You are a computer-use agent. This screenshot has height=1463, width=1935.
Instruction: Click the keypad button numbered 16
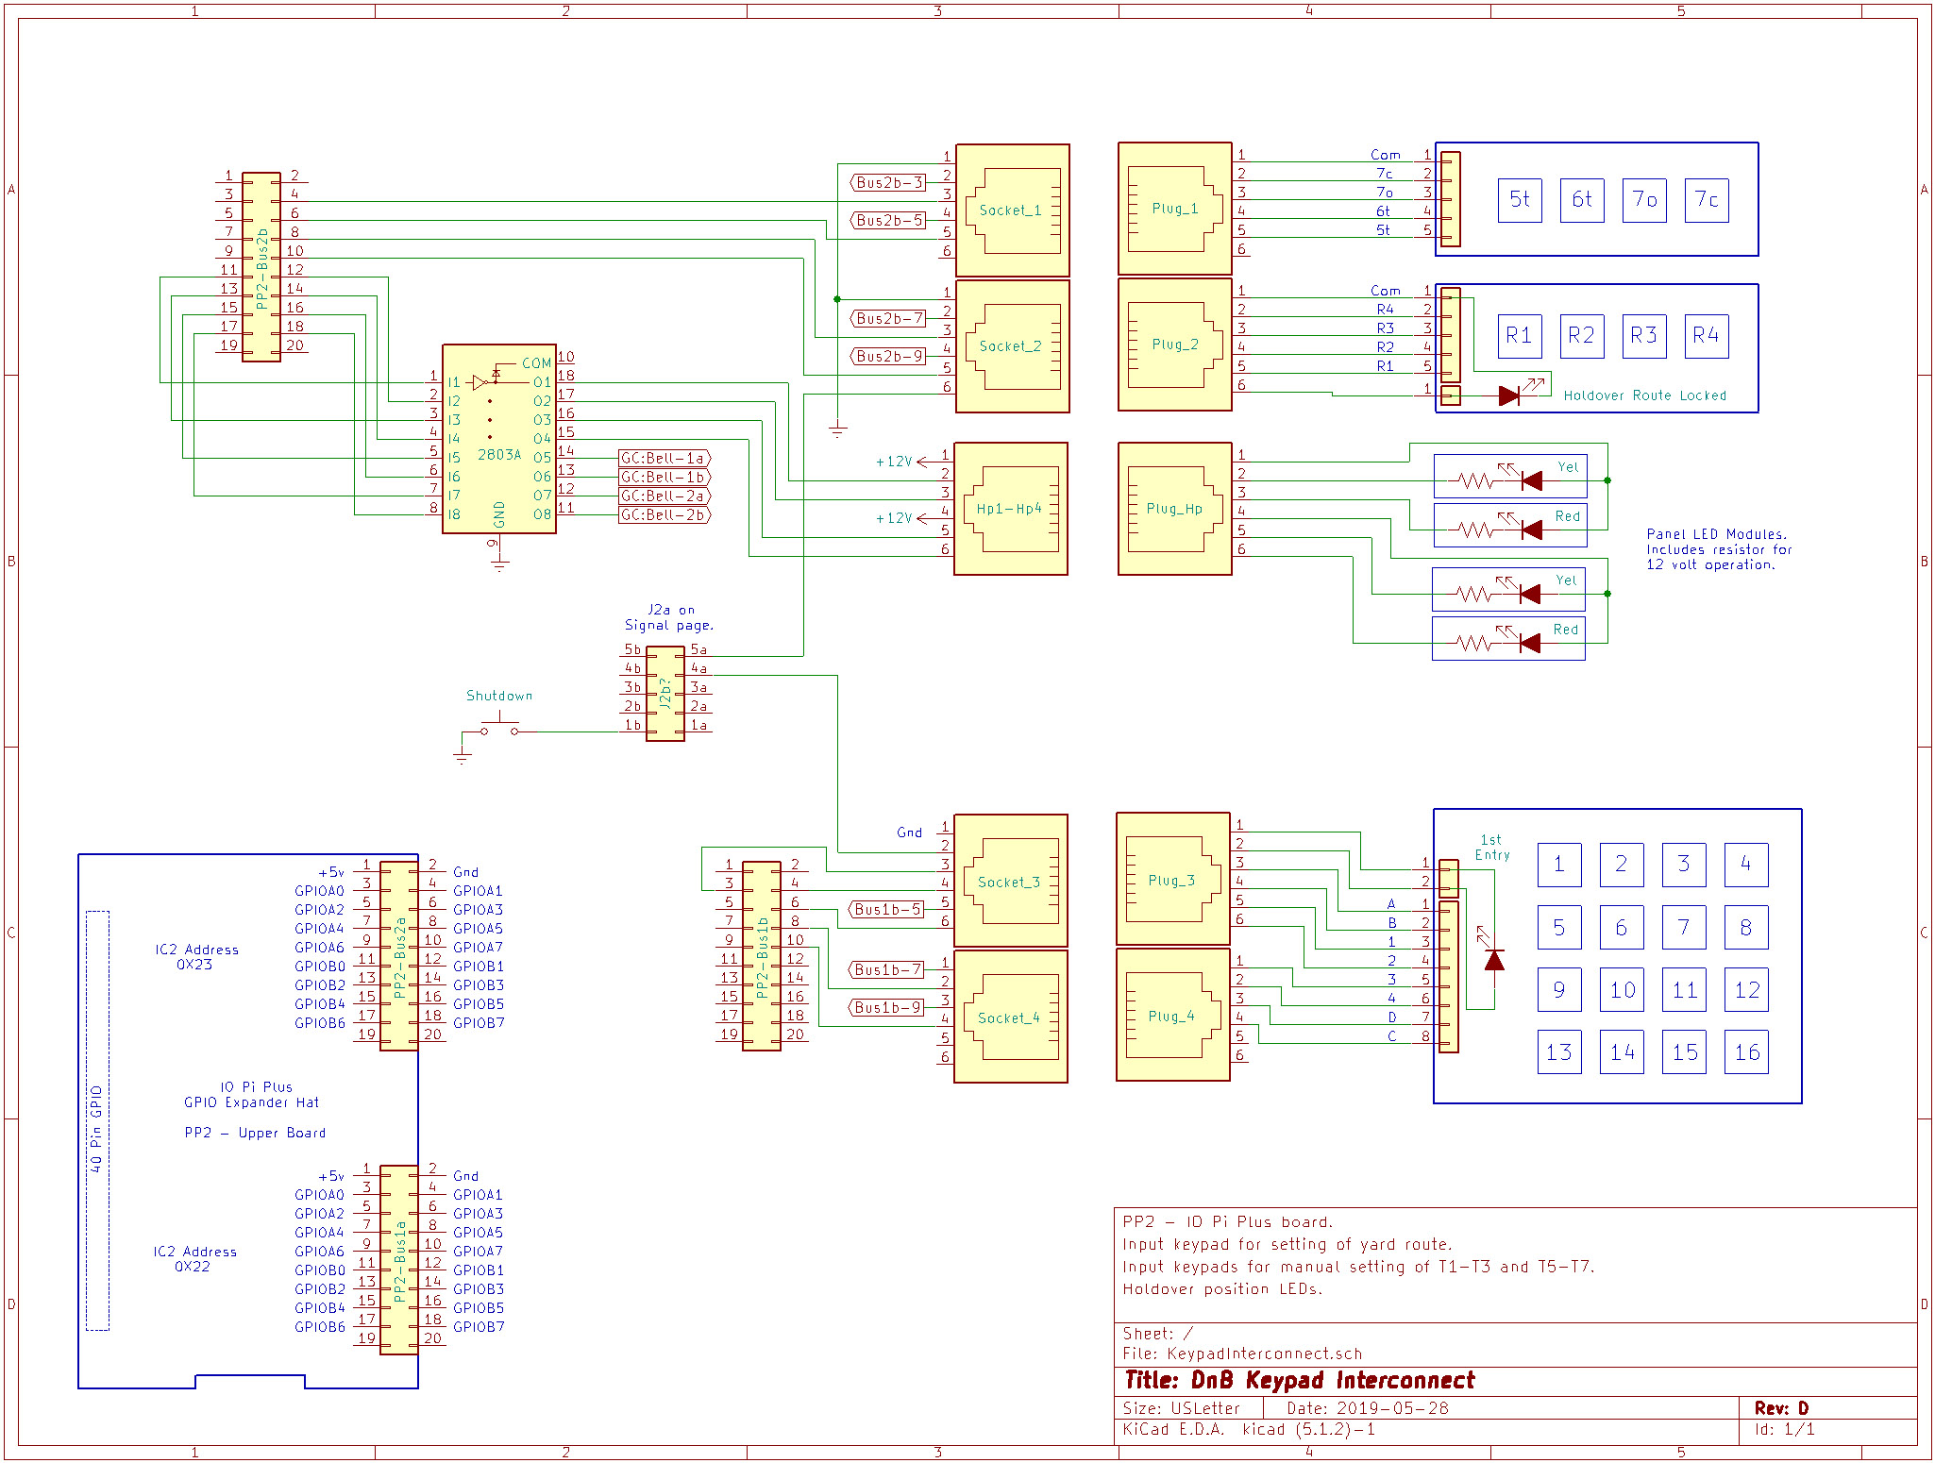pyautogui.click(x=1746, y=1052)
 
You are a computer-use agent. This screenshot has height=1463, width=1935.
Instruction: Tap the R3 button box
pyautogui.click(x=1643, y=336)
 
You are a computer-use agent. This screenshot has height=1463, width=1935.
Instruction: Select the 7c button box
pyautogui.click(x=1707, y=200)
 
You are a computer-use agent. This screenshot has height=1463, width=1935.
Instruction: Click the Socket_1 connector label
pyautogui.click(x=1010, y=210)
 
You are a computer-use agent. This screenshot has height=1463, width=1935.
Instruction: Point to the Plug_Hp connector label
pyautogui.click(x=1174, y=509)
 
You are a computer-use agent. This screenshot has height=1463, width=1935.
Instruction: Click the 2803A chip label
pyautogui.click(x=498, y=454)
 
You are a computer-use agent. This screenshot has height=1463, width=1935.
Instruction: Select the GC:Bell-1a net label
pyautogui.click(x=664, y=458)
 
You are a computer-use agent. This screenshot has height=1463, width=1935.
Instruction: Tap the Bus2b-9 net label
pyautogui.click(x=888, y=356)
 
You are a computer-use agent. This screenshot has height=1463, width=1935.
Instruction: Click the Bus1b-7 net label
pyautogui.click(x=886, y=969)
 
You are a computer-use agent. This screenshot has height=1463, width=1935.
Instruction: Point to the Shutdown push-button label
pyautogui.click(x=499, y=696)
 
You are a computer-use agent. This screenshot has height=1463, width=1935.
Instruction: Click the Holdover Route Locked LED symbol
pyautogui.click(x=1509, y=395)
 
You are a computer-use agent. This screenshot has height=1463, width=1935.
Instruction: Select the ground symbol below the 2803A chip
pyautogui.click(x=499, y=564)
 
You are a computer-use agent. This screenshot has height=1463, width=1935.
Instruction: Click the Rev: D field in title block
pyautogui.click(x=1781, y=1408)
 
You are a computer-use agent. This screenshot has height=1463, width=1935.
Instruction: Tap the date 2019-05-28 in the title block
pyautogui.click(x=1392, y=1408)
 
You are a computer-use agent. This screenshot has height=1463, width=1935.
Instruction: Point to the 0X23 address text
pyautogui.click(x=194, y=965)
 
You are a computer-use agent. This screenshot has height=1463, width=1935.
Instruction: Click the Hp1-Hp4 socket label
pyautogui.click(x=1009, y=509)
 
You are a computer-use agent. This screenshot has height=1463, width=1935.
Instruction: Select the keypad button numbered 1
pyautogui.click(x=1559, y=865)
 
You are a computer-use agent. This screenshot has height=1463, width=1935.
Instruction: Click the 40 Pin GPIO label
pyautogui.click(x=96, y=1129)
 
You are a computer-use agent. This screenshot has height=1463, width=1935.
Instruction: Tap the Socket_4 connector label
pyautogui.click(x=1008, y=1018)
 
